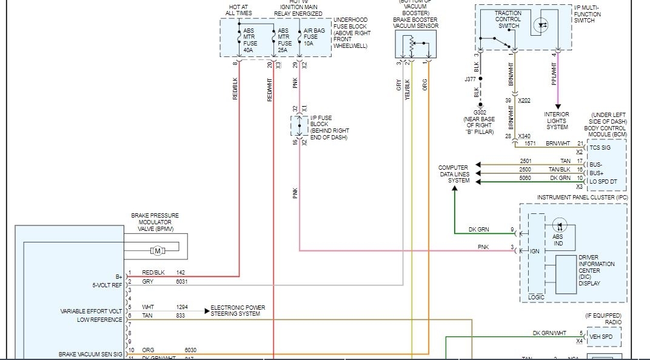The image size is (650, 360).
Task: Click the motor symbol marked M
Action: coord(157,251)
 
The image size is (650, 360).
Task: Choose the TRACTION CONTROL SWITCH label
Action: coord(508,19)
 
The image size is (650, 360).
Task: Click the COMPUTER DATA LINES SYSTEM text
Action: coord(455,174)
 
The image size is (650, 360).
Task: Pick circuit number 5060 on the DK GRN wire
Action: coord(526,178)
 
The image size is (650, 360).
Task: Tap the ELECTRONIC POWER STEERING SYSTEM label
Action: coord(238,311)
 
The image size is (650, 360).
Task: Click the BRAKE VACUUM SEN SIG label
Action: coord(90,353)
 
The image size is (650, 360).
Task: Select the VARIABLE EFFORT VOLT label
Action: coord(91,311)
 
